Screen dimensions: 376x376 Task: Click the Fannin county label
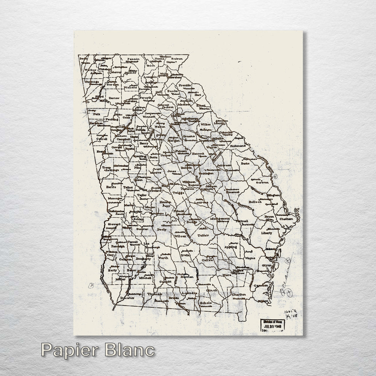[x=133, y=59]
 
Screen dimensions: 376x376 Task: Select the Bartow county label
[x=114, y=98]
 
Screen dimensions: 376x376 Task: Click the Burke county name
[x=245, y=164]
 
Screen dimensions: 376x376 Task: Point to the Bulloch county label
[x=255, y=202]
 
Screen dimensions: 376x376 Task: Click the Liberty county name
[x=266, y=233]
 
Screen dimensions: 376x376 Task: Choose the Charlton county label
[x=238, y=294]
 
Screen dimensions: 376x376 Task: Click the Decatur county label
[x=127, y=298]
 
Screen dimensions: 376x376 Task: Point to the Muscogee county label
[x=115, y=197]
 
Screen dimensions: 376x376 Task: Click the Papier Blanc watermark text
[x=97, y=350]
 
